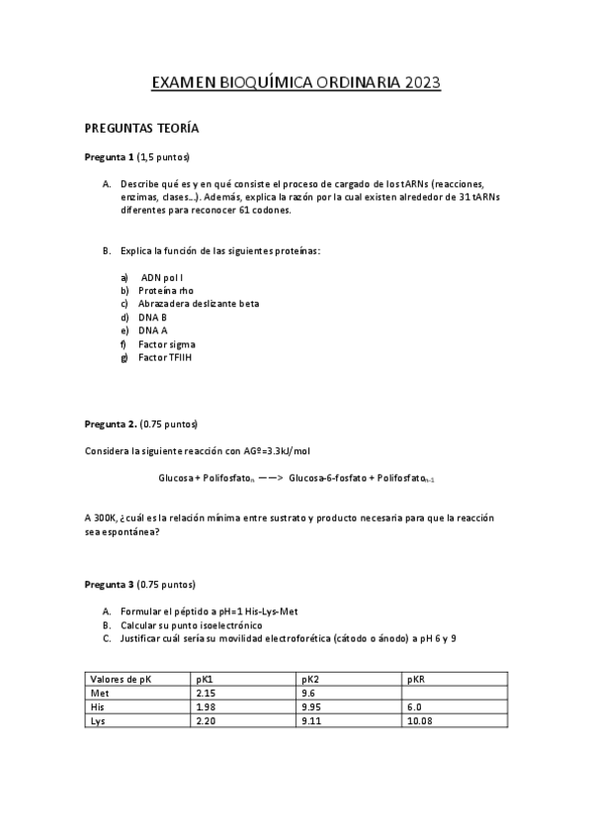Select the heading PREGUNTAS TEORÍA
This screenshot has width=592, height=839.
142,129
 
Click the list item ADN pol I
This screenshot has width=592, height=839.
163,278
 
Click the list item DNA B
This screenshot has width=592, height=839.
152,317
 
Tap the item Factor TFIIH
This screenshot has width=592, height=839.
165,356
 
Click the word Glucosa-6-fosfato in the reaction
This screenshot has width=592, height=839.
326,478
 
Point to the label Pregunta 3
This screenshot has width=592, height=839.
109,584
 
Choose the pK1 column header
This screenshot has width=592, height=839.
206,680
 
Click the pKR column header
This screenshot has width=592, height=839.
416,680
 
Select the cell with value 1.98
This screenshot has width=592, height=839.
207,707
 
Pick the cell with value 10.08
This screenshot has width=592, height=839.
420,721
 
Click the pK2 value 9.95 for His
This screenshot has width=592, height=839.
314,707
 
